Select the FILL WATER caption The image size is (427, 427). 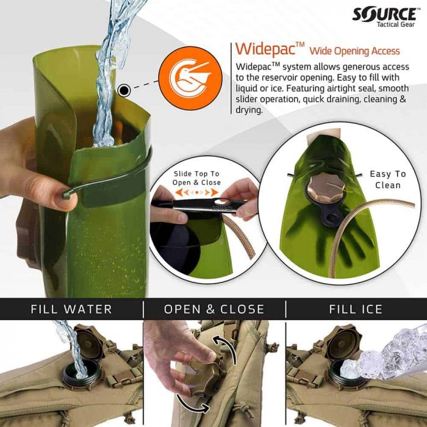71,309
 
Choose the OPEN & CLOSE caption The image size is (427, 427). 214,309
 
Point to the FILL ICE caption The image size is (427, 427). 356,309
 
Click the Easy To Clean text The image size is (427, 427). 387,180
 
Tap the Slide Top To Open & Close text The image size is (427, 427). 196,178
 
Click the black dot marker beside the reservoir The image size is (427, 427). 124,91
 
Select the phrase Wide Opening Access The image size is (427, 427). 354,51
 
